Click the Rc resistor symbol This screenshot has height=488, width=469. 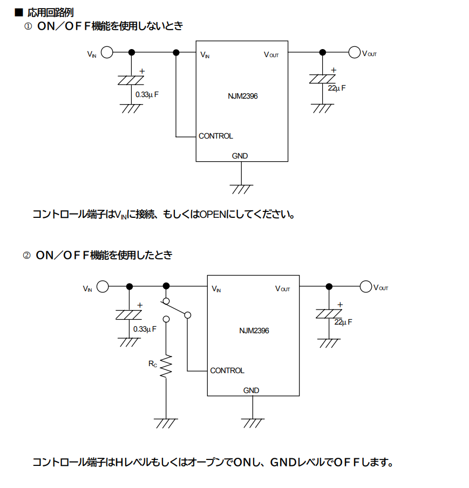(166, 366)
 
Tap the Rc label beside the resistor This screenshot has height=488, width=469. (153, 363)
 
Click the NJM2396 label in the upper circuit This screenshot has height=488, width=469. (243, 96)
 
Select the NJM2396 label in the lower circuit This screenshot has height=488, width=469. (254, 331)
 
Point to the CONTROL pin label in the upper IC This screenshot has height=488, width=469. (216, 136)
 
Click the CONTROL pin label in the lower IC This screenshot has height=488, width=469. (227, 370)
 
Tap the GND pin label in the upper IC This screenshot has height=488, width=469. (240, 156)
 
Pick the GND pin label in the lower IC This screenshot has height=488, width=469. (251, 390)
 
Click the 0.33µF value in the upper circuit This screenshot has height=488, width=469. (147, 94)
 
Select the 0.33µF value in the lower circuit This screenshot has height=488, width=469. (145, 329)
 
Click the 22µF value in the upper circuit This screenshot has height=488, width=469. (337, 88)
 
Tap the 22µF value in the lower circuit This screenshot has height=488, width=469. (343, 322)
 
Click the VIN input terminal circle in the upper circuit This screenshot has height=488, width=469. (107, 52)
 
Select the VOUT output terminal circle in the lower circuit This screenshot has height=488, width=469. (365, 286)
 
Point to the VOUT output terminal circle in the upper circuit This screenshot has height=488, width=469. (354, 52)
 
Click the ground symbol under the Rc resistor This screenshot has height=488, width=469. (166, 423)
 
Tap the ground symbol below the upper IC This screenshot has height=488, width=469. (241, 189)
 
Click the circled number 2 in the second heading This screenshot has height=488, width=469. (26, 256)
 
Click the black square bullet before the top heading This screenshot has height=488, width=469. (19, 12)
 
